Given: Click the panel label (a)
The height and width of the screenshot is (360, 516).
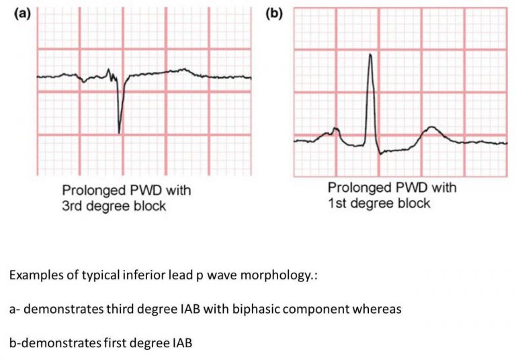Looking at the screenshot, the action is tap(22, 14).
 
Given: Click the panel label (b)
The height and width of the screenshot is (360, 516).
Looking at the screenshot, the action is tap(274, 14).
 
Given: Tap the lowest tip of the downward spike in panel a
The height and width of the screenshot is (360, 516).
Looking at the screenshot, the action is tap(119, 133).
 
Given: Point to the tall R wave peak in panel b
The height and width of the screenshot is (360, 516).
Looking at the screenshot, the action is tap(371, 54).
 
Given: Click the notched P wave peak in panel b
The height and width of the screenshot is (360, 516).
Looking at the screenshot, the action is tap(335, 128).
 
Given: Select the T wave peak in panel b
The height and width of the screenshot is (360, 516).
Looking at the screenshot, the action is tap(431, 127).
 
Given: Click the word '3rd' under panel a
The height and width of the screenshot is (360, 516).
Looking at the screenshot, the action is tap(72, 206).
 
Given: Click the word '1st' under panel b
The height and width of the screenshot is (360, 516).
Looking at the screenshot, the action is tap(337, 203).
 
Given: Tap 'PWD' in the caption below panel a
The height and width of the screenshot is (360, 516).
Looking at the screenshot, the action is tap(146, 190).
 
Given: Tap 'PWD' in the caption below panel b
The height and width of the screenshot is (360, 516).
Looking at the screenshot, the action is tap(412, 187).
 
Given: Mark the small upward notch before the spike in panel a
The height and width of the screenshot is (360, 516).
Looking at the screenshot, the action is tap(108, 70).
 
